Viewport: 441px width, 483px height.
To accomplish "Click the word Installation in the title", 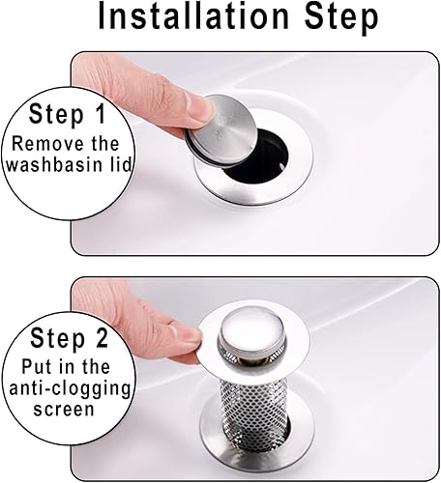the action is [x=193, y=16].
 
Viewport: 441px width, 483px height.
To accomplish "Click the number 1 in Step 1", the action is [x=100, y=113].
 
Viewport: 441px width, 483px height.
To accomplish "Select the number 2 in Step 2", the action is [x=101, y=338].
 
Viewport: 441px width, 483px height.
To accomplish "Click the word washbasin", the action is [x=54, y=165].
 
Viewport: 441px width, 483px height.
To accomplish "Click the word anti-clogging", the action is [x=70, y=390].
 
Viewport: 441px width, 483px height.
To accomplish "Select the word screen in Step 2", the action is [x=64, y=410].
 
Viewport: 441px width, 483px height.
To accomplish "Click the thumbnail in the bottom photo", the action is [x=186, y=337].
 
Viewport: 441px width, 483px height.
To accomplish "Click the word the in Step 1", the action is [x=105, y=144].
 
